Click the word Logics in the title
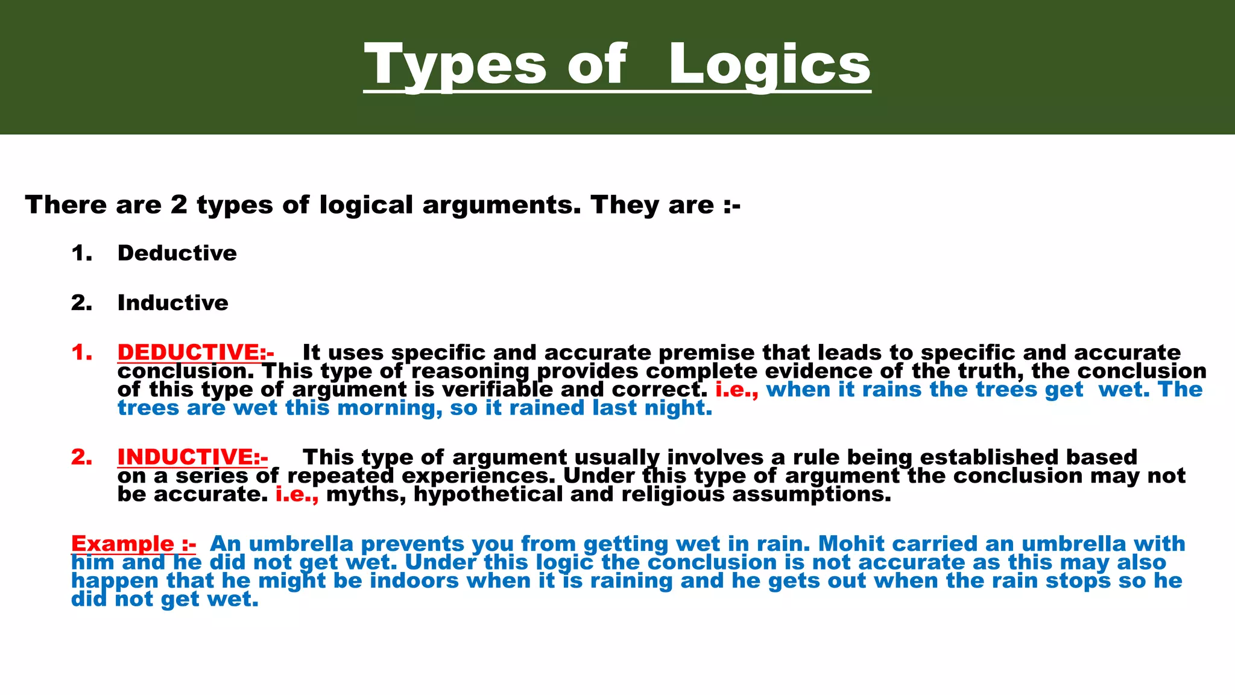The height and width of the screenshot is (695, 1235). (x=769, y=65)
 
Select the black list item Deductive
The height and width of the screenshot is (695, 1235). (x=177, y=253)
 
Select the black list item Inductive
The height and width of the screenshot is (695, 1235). (x=173, y=303)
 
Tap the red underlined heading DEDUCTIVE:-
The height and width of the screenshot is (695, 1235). (x=195, y=352)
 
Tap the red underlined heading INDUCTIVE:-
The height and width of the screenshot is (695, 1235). (x=192, y=457)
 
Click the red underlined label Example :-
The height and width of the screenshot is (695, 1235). (x=133, y=544)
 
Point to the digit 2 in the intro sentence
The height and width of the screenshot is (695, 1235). (x=178, y=205)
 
